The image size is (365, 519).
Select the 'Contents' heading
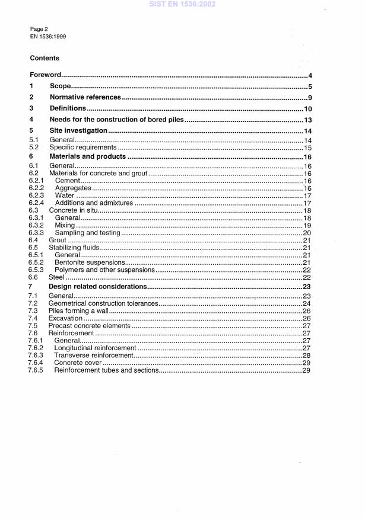click(x=45, y=59)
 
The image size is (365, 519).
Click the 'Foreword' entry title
click(x=46, y=76)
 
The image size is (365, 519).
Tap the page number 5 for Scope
click(x=310, y=86)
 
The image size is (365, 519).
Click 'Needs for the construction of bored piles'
click(x=117, y=120)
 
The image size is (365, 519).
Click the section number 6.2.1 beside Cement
click(x=37, y=180)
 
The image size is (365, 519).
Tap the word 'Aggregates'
click(x=73, y=188)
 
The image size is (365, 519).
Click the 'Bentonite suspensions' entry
click(x=90, y=262)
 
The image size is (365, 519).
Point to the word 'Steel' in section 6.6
click(x=57, y=277)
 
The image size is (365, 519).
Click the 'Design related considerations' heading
click(x=98, y=287)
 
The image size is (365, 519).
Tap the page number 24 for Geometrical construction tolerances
click(x=307, y=303)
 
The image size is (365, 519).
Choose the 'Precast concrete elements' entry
click(x=89, y=326)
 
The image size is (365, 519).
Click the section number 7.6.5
click(x=37, y=370)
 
